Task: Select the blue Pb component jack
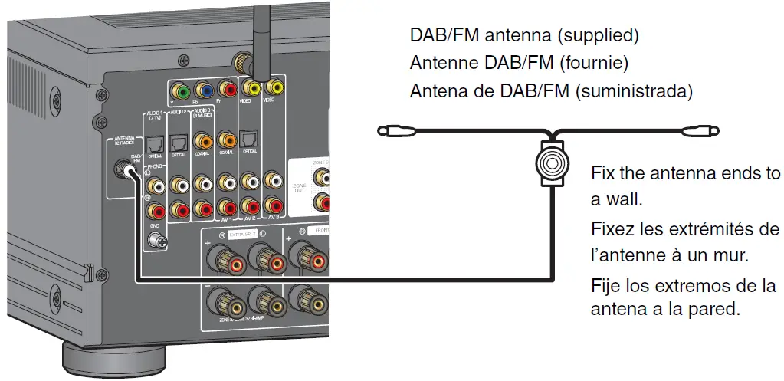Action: [x=203, y=92]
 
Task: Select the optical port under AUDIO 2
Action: [x=179, y=142]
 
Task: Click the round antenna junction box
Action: [x=550, y=163]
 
